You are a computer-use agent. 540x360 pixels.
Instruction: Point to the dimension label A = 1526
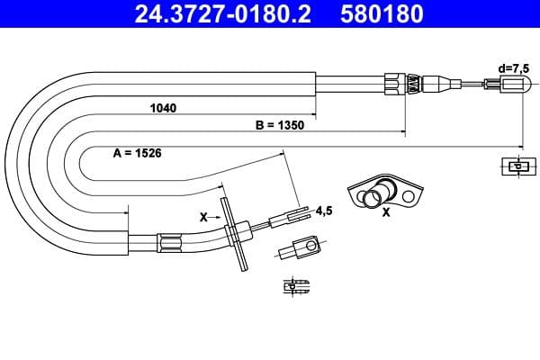(x=137, y=154)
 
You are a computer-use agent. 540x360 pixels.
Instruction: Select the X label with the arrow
(x=202, y=218)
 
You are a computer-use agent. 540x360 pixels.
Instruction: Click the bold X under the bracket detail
(x=386, y=213)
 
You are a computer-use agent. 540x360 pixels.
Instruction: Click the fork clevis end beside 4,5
(x=290, y=217)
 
